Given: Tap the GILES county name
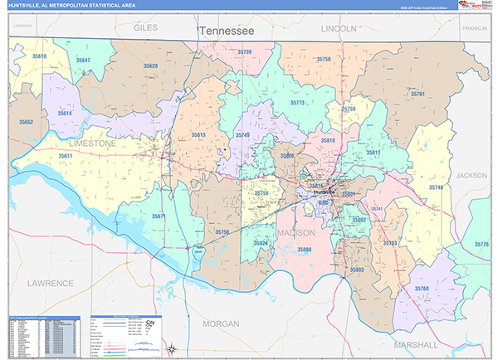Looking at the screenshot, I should pyautogui.click(x=145, y=27).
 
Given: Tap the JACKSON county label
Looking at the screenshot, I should pyautogui.click(x=471, y=176).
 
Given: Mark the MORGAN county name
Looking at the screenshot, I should pyautogui.click(x=220, y=322).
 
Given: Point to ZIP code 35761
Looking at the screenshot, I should pyautogui.click(x=417, y=95).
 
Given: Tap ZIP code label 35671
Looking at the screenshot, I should pyautogui.click(x=159, y=216).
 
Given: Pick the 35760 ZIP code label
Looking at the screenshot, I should pyautogui.click(x=422, y=289).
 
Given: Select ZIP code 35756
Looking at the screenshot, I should pyautogui.click(x=222, y=232).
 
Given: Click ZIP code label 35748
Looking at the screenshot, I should pyautogui.click(x=436, y=187).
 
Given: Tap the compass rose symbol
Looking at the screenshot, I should pyautogui.click(x=171, y=348).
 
